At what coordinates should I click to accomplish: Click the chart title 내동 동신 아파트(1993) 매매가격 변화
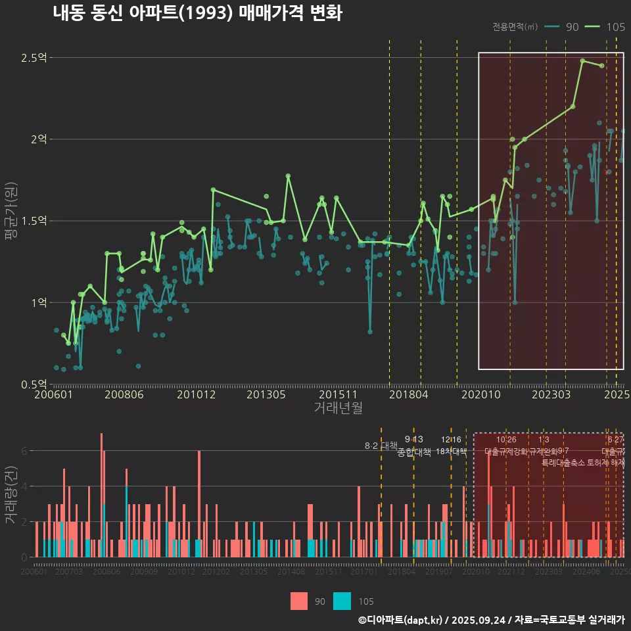click(x=197, y=13)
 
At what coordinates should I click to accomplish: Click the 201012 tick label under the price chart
click(x=196, y=395)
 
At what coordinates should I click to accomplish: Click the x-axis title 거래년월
click(x=338, y=408)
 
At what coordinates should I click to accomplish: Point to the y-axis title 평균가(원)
click(x=11, y=221)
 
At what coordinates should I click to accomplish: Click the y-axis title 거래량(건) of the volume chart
click(x=11, y=496)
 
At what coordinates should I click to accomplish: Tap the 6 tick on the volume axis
click(x=24, y=451)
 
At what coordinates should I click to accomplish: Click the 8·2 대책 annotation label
click(x=381, y=446)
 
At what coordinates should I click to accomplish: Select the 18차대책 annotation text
click(x=451, y=452)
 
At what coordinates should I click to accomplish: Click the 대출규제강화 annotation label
click(x=506, y=452)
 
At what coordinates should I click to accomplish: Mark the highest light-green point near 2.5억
click(x=582, y=61)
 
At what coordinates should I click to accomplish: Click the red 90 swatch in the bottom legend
click(x=299, y=601)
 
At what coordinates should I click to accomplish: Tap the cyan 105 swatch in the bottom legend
click(x=342, y=601)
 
